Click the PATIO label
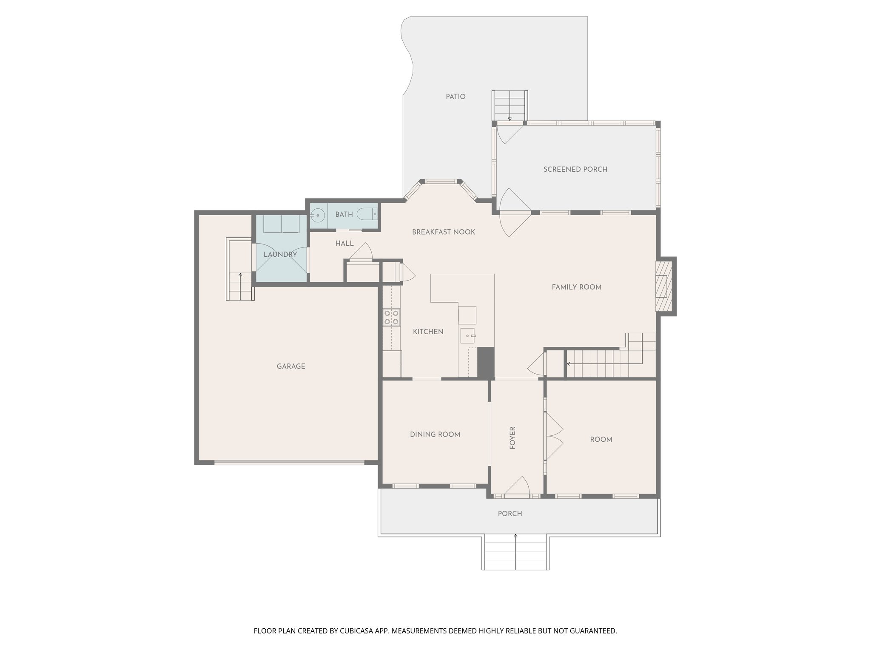pos(455,97)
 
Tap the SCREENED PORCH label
pos(575,169)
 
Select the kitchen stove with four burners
pos(392,317)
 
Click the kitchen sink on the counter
pos(468,335)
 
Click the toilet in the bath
pos(367,214)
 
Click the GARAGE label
pos(291,366)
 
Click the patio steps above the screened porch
pos(510,106)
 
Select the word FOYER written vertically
pos(512,438)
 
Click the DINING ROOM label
pos(435,434)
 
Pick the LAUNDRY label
pos(280,255)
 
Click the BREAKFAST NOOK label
pos(443,232)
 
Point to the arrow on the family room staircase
pos(569,364)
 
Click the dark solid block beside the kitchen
pos(486,362)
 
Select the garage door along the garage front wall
pos(289,463)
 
